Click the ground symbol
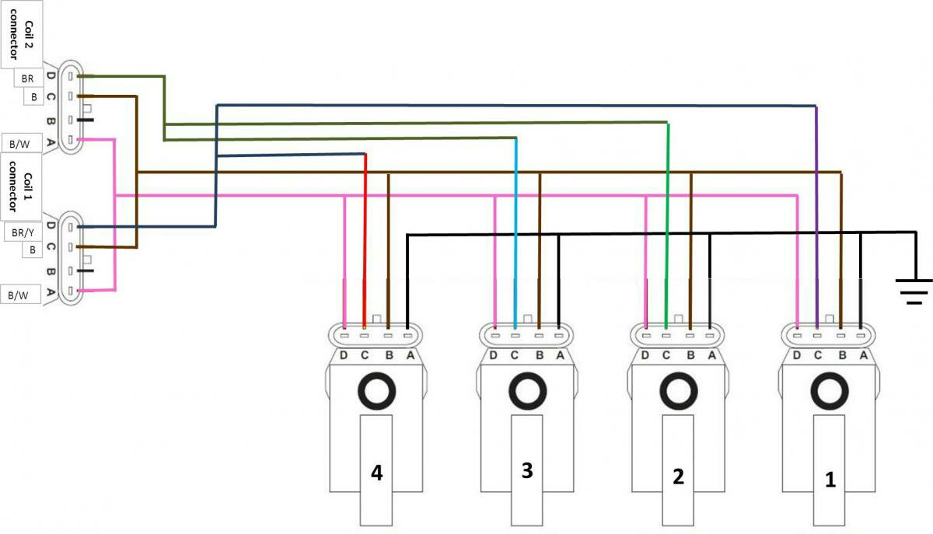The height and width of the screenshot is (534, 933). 914,291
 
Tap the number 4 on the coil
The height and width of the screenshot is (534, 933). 376,473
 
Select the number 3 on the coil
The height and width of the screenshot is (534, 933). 527,470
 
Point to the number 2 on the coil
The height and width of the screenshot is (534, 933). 678,476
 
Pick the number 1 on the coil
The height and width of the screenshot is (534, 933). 830,480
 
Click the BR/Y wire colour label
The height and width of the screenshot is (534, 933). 23,232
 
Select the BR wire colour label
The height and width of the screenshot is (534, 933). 28,78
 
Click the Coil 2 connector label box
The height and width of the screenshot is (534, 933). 21,34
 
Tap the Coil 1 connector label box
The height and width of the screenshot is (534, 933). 21,187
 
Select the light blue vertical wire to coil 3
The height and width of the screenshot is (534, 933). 515,233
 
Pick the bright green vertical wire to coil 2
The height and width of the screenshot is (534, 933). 667,225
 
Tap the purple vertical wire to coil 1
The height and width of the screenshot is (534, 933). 816,218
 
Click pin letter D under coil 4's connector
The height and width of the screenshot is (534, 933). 343,355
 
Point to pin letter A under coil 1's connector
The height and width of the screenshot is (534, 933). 864,355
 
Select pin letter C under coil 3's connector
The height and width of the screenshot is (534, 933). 515,355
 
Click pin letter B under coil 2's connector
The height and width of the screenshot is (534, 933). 690,355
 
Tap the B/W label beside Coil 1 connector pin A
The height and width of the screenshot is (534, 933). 19,295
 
